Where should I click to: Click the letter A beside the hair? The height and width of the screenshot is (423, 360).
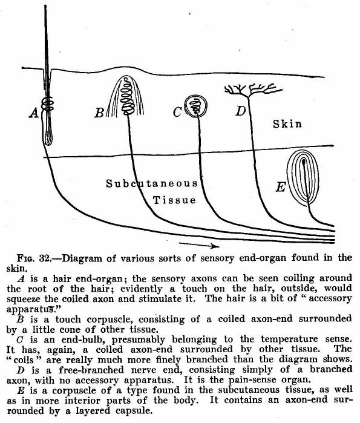34,113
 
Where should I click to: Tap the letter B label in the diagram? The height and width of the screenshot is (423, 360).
99,113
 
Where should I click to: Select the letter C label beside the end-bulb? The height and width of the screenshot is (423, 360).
177,112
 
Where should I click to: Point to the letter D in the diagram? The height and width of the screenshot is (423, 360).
241,111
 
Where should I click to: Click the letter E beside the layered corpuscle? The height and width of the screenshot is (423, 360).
281,186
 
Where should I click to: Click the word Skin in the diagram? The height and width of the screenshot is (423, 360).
287,124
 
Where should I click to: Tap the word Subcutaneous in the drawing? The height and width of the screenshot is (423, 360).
152,183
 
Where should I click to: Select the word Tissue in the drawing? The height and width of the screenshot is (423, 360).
174,200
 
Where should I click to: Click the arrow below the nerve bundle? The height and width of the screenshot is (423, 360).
199,245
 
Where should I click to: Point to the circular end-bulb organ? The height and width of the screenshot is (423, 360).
196,107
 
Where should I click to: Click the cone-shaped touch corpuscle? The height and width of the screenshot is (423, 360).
125,96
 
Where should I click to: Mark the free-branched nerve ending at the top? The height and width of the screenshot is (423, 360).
252,90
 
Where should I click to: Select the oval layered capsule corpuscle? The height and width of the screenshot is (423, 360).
303,178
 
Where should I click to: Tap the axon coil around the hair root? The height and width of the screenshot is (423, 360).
47,104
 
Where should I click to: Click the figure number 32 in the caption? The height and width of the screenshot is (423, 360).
45,258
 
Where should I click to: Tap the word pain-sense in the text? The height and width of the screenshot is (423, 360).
252,380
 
